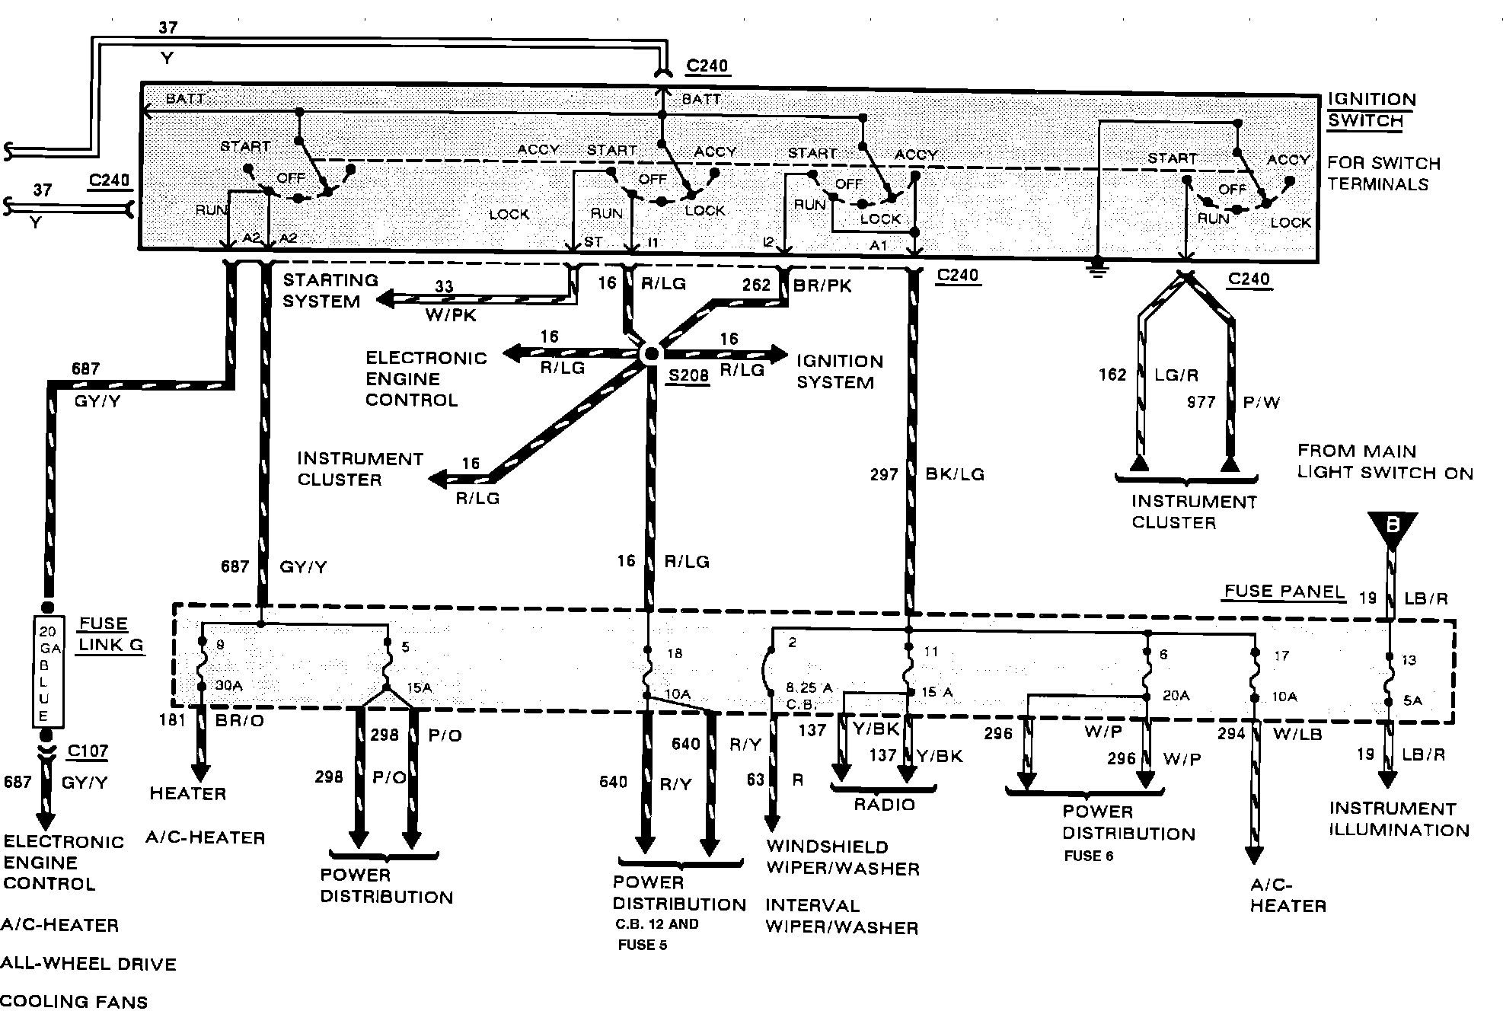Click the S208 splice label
click(x=688, y=376)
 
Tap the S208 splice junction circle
click(x=652, y=353)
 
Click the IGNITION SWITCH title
click(x=1372, y=110)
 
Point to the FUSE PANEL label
click(x=1284, y=592)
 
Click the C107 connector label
click(x=88, y=751)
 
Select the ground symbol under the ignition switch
click(x=1097, y=266)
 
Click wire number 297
click(x=885, y=475)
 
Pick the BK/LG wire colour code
click(x=955, y=475)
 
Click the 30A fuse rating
click(x=228, y=686)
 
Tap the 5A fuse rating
click(x=1412, y=700)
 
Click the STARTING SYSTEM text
click(x=330, y=291)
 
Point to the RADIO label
click(x=884, y=805)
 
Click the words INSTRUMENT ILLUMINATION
click(x=1399, y=819)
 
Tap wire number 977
click(x=1201, y=402)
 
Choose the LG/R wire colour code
click(x=1176, y=375)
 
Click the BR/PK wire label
click(x=822, y=285)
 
